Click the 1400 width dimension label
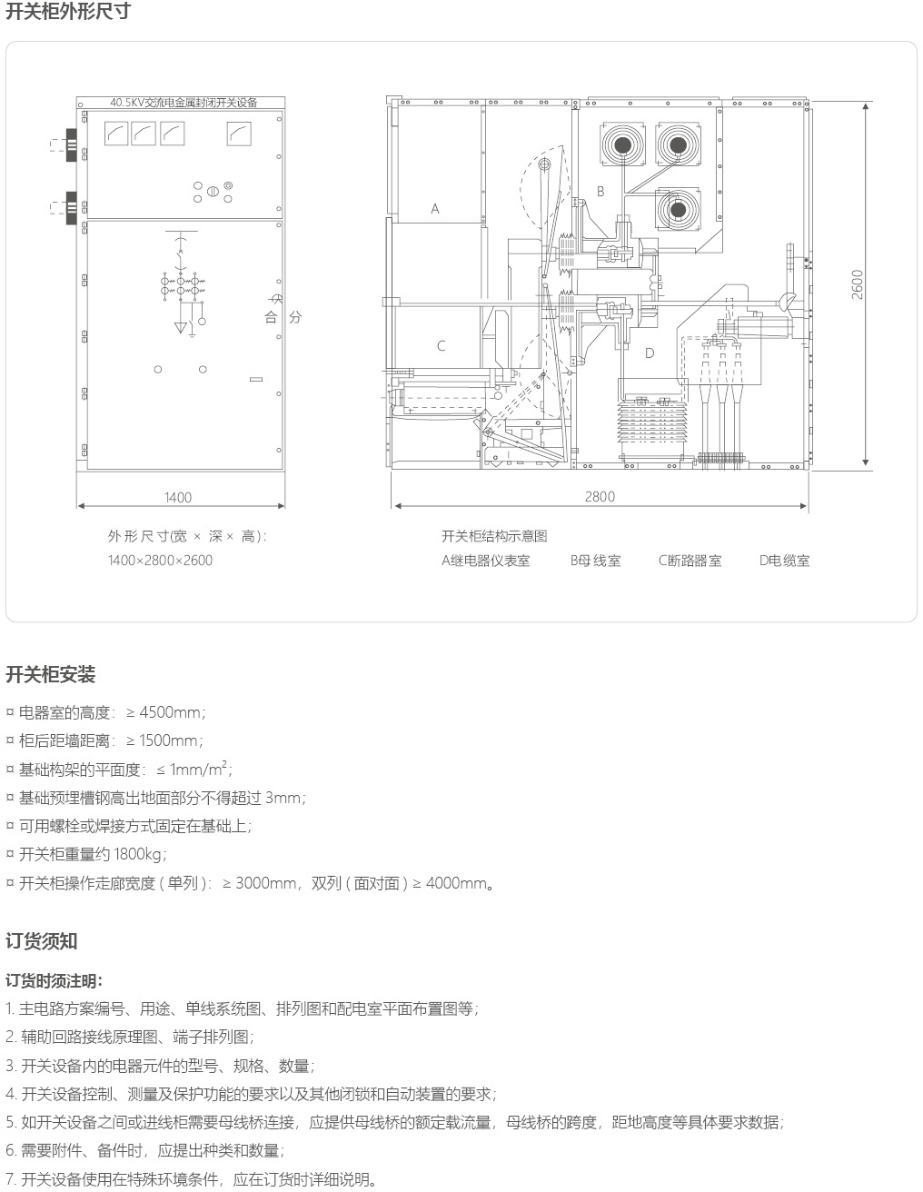click(x=178, y=497)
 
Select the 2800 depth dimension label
click(x=600, y=496)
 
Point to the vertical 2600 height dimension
click(x=858, y=283)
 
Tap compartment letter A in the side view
click(x=435, y=209)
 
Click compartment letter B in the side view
click(x=600, y=191)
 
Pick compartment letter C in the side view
click(x=442, y=346)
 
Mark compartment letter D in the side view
click(x=650, y=353)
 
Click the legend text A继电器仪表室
click(x=485, y=561)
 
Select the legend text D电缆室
click(x=784, y=561)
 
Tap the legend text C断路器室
click(x=690, y=561)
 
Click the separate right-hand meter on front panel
click(x=239, y=134)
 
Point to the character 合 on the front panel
click(x=271, y=317)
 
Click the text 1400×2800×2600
click(x=160, y=561)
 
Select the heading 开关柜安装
click(x=51, y=675)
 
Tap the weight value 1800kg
click(x=140, y=854)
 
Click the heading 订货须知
click(x=42, y=941)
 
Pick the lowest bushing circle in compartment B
click(x=678, y=209)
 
